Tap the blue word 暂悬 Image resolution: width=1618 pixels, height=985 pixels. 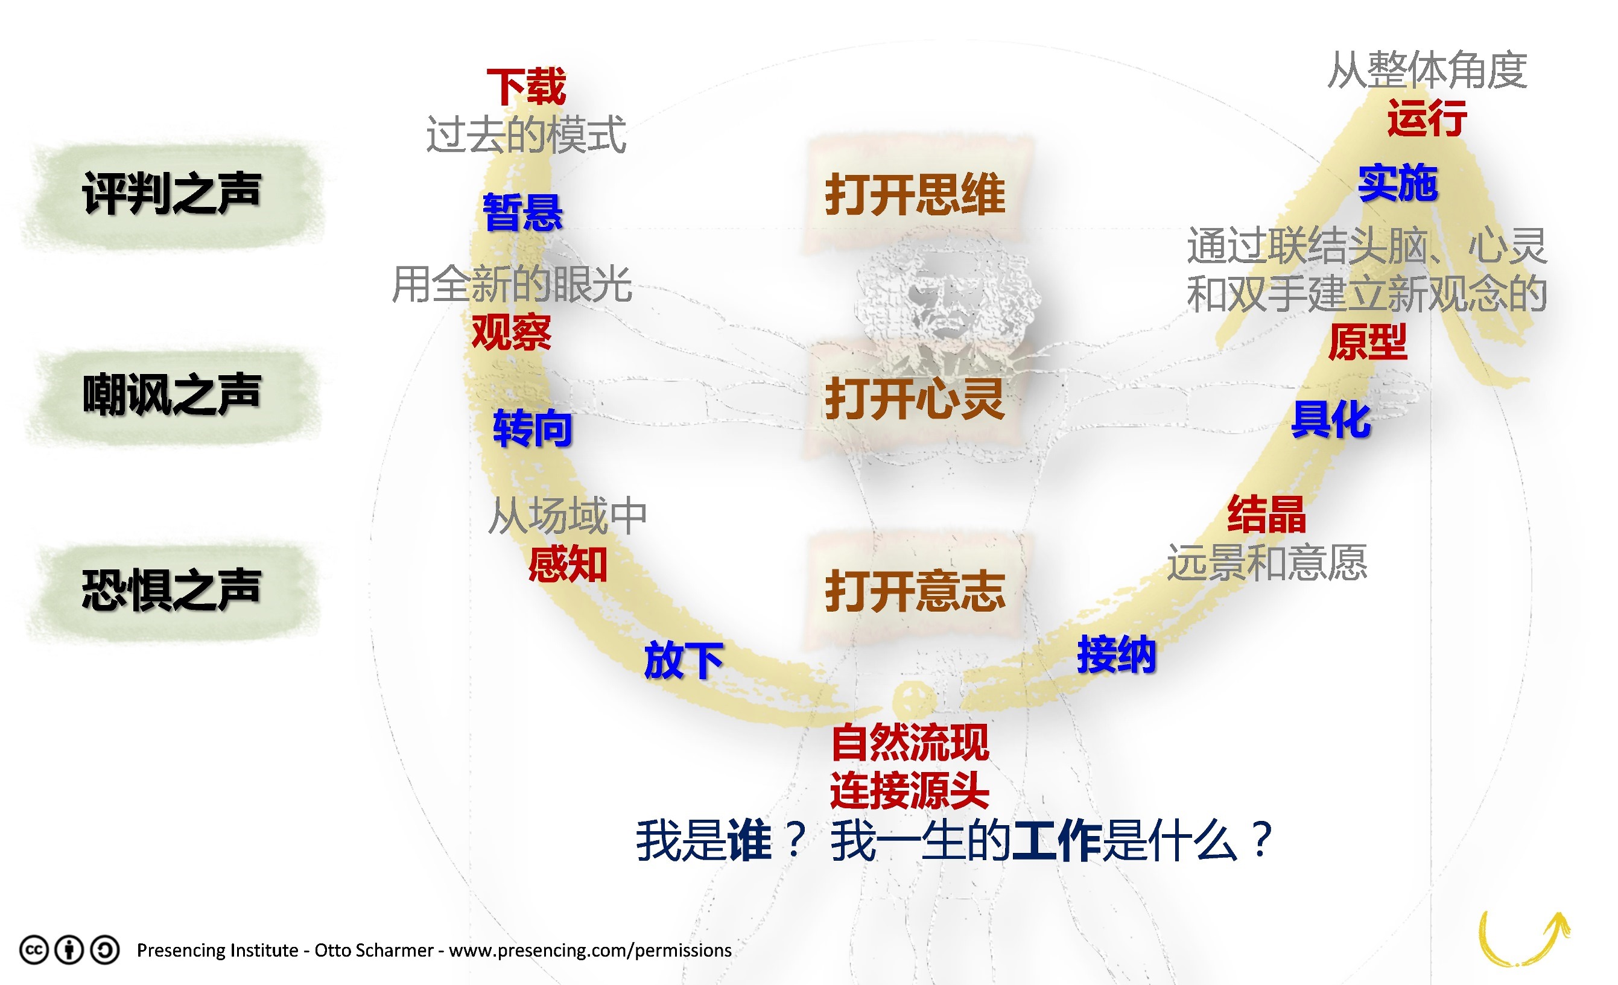pyautogui.click(x=522, y=212)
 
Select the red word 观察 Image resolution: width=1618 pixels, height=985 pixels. pyautogui.click(x=512, y=332)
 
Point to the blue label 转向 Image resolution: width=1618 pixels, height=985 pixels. pyautogui.click(x=533, y=428)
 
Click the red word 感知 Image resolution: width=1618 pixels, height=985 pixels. pyautogui.click(x=567, y=564)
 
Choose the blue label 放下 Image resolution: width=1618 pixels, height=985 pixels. pyautogui.click(x=683, y=660)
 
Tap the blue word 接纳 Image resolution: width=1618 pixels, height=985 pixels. pyautogui.click(x=1116, y=654)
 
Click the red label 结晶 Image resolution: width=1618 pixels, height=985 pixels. pyautogui.click(x=1267, y=514)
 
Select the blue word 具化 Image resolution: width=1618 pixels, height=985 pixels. pyautogui.click(x=1331, y=419)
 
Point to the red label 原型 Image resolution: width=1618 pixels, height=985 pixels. pyautogui.click(x=1367, y=341)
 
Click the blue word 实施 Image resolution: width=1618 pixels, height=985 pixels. pyautogui.click(x=1398, y=183)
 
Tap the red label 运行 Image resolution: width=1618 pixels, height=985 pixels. pyautogui.click(x=1427, y=118)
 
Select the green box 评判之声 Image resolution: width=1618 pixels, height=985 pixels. pyautogui.click(x=172, y=194)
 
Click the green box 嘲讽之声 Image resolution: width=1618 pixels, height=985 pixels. pyautogui.click(x=172, y=395)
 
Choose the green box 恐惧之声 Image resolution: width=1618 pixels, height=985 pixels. pyautogui.click(x=172, y=591)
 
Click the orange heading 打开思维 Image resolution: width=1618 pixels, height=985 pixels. pyautogui.click(x=915, y=194)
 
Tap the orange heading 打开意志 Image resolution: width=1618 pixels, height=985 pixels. pyautogui.click(x=915, y=591)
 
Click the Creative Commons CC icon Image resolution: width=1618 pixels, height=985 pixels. pyautogui.click(x=34, y=949)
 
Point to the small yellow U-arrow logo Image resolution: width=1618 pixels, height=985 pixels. pyautogui.click(x=1523, y=939)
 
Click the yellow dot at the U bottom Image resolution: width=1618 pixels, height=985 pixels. pyautogui.click(x=913, y=697)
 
